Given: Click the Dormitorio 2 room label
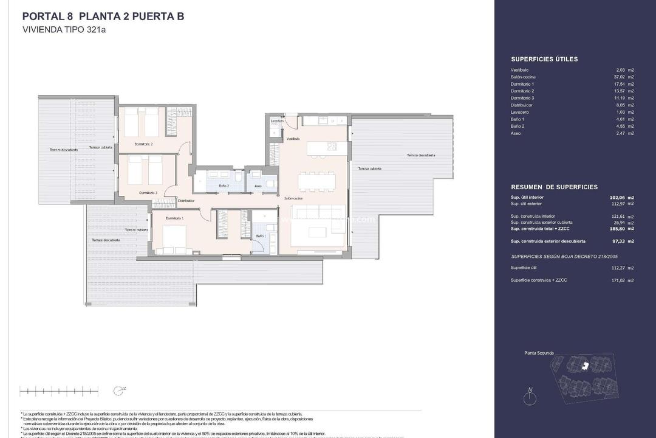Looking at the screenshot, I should click(143, 145).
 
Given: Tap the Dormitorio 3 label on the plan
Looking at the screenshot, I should click(148, 193).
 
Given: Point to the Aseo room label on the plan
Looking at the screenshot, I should click(258, 186).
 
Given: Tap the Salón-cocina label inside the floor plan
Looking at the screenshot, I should click(293, 198).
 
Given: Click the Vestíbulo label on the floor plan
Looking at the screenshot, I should click(293, 139).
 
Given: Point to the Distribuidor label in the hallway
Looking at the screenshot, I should click(186, 200).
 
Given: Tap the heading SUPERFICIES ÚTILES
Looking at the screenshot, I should click(544, 59).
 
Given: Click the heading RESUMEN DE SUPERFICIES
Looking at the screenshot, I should click(554, 187).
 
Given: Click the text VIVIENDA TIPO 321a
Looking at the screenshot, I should click(64, 29).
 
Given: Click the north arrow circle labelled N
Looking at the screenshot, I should click(531, 398).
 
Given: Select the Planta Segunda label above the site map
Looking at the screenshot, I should click(539, 353).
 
